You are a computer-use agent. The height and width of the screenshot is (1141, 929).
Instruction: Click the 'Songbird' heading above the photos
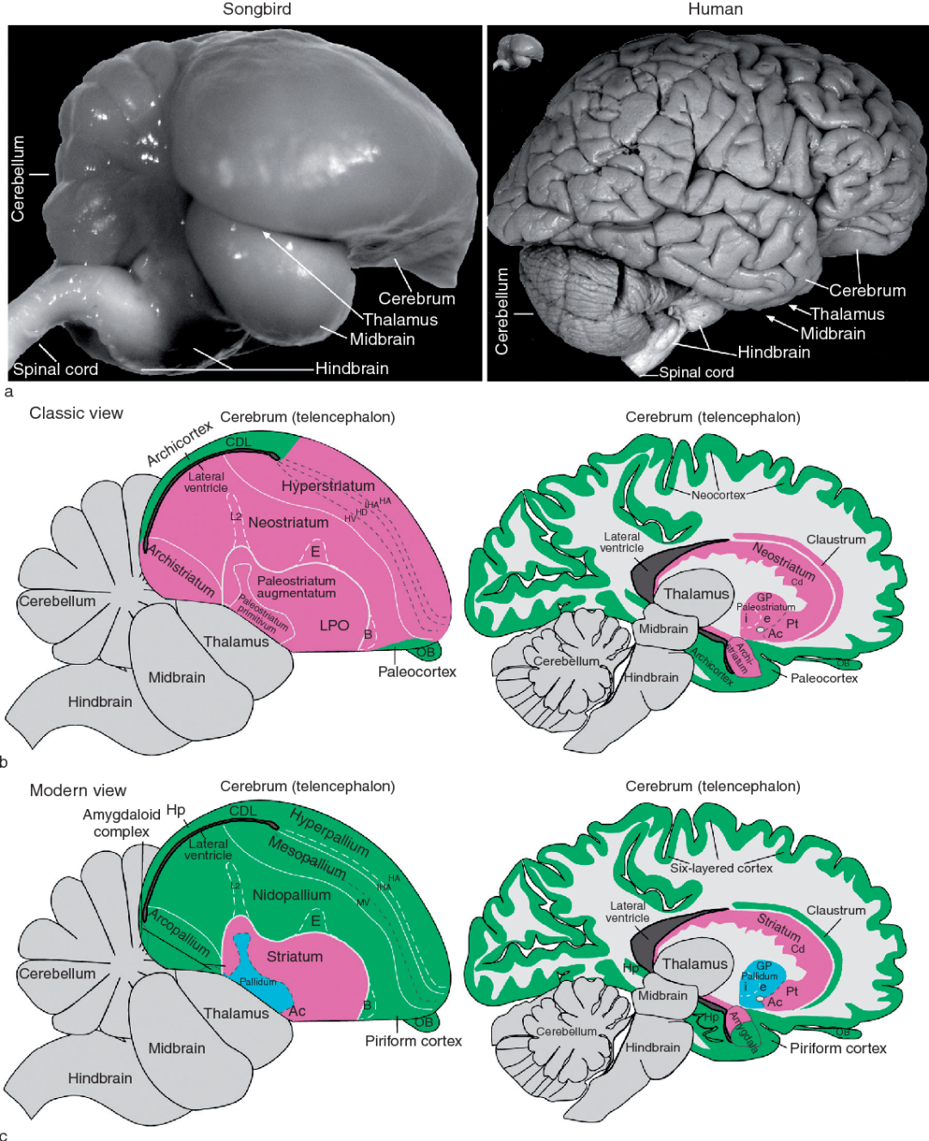pos(256,9)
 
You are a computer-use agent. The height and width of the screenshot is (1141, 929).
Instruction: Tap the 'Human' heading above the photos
pos(715,9)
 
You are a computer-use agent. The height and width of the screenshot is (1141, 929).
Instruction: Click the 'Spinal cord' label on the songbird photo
pos(56,369)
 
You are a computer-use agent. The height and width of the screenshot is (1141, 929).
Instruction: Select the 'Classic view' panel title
pos(76,413)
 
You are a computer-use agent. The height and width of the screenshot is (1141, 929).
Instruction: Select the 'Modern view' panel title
pos(77,790)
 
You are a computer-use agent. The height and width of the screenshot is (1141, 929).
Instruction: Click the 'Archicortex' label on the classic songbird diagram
pos(179,443)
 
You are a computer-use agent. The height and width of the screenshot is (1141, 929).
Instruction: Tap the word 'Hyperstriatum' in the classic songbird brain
pos(328,486)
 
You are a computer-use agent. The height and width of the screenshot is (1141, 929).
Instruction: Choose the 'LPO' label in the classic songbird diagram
pos(334,625)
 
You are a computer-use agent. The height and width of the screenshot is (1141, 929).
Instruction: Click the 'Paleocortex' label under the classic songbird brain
pos(417,672)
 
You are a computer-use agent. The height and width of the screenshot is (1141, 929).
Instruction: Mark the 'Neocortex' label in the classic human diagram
pos(718,494)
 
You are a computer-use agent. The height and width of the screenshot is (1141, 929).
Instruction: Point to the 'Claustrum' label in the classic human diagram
pos(835,539)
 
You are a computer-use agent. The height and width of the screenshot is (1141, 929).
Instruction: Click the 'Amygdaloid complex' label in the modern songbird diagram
pos(121,823)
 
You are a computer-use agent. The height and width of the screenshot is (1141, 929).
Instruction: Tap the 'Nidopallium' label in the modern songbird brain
pos(291,895)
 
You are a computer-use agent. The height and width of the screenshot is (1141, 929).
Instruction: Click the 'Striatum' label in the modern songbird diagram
pos(294,956)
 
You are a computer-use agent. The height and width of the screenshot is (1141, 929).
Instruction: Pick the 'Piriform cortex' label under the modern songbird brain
pos(413,1041)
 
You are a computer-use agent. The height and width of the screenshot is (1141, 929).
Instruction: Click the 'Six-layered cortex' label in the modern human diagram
pos(721,868)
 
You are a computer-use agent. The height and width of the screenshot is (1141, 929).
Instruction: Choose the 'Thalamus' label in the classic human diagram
pos(696,594)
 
